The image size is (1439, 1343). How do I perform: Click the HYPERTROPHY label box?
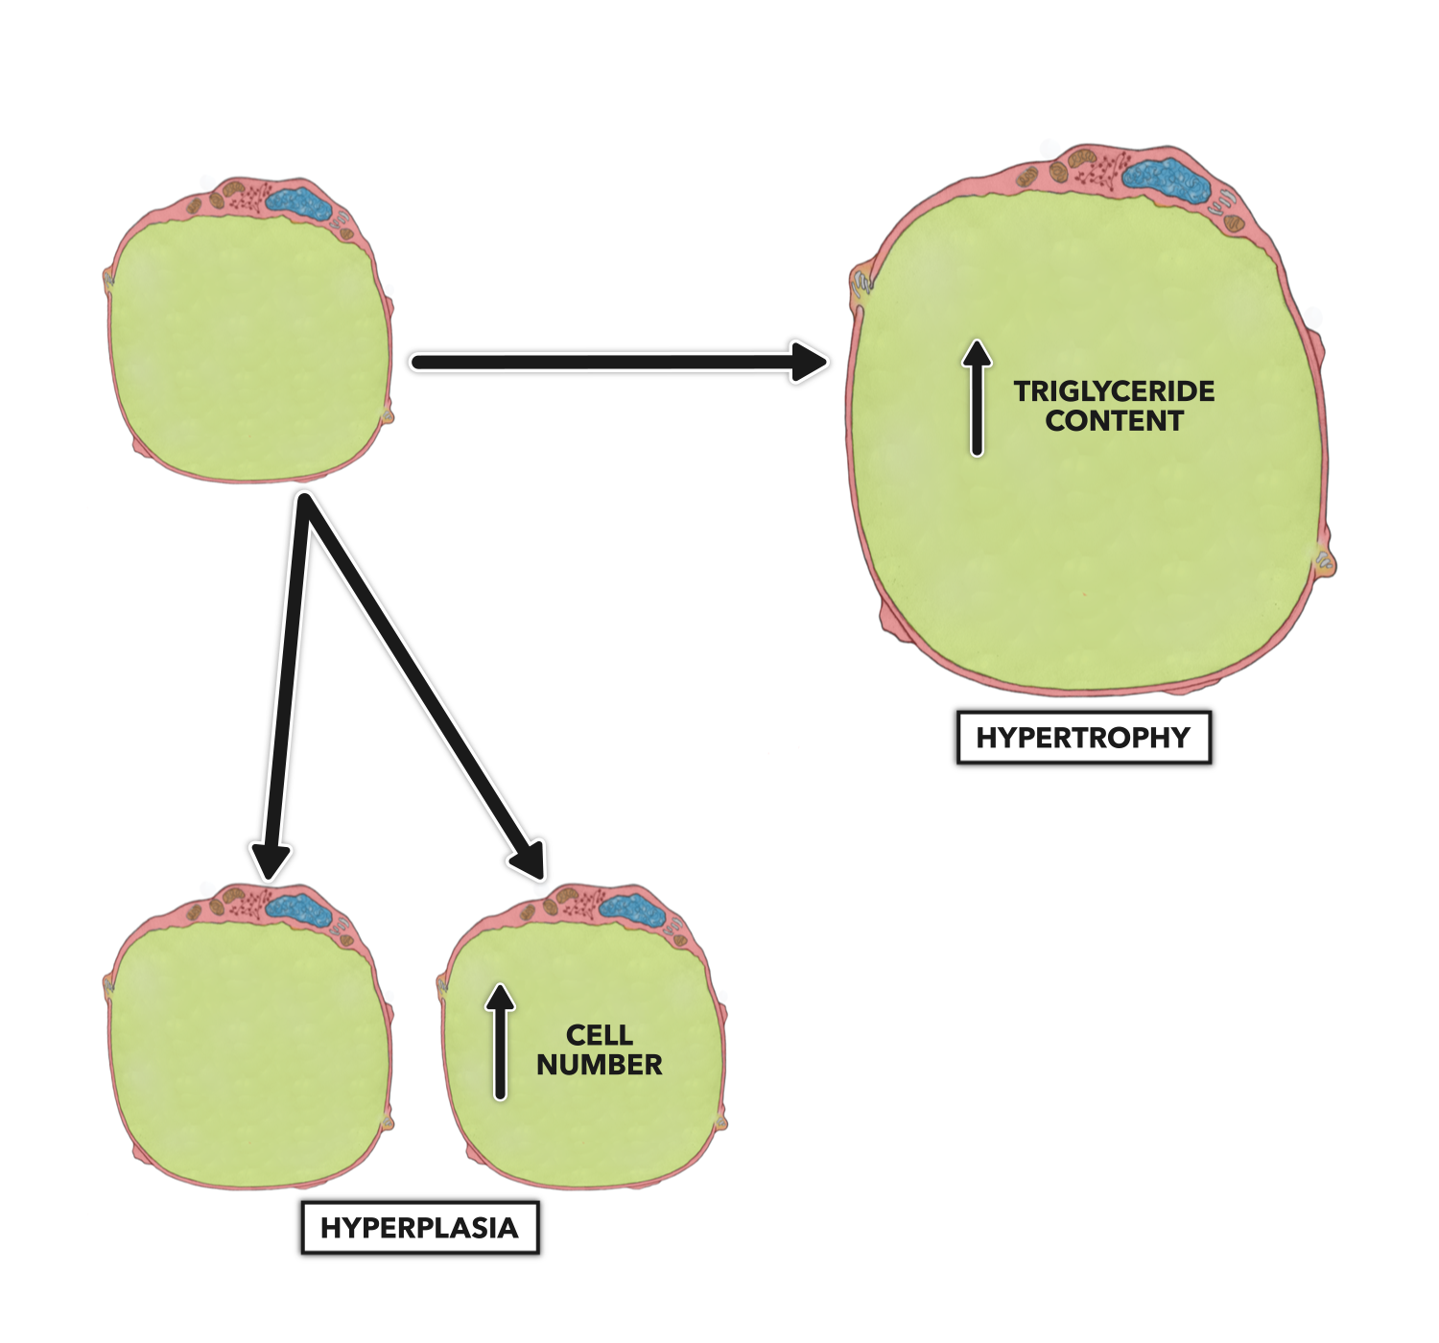pos(1083,738)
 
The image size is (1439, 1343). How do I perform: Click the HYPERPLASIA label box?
pos(419,1228)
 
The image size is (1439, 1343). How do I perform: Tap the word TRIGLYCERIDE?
pos(1114,391)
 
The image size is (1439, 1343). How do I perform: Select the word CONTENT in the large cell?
pos(1114,421)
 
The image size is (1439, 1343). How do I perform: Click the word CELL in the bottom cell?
pos(599,1035)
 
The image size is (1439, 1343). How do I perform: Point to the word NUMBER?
pos(599,1065)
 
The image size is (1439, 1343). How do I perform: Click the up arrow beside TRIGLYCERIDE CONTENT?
pos(977,398)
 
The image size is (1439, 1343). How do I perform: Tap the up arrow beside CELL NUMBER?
pos(500,1042)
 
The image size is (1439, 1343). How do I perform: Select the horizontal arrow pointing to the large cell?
pos(614,362)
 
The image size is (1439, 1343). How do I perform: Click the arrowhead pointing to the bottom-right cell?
pos(531,858)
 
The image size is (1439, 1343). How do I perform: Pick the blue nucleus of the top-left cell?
pos(298,202)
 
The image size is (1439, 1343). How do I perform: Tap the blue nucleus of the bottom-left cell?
pos(296,907)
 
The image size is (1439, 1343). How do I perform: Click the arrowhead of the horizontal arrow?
pos(808,362)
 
